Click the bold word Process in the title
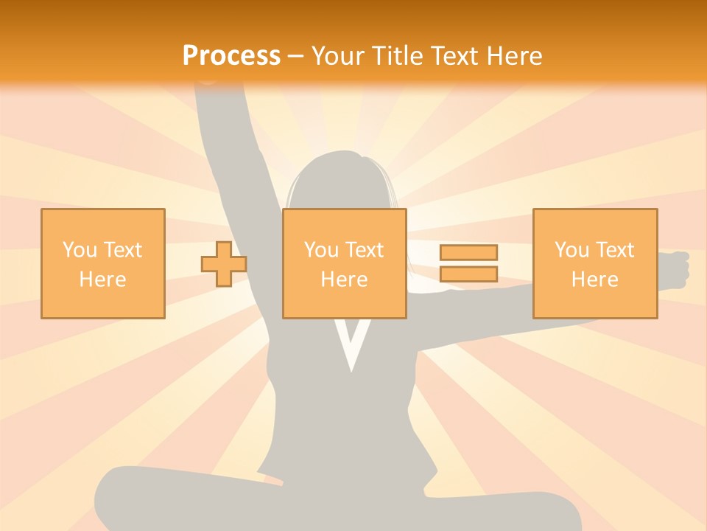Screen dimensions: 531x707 pyautogui.click(x=231, y=56)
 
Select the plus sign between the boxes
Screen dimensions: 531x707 pyautogui.click(x=224, y=263)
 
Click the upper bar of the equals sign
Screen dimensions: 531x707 pyautogui.click(x=468, y=252)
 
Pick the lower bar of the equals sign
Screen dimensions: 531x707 pyautogui.click(x=468, y=274)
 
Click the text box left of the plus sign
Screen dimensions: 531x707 pyautogui.click(x=103, y=263)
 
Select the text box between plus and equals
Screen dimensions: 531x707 pyautogui.click(x=344, y=263)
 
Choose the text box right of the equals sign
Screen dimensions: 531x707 pyautogui.click(x=595, y=263)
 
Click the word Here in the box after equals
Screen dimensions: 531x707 pyautogui.click(x=595, y=280)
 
